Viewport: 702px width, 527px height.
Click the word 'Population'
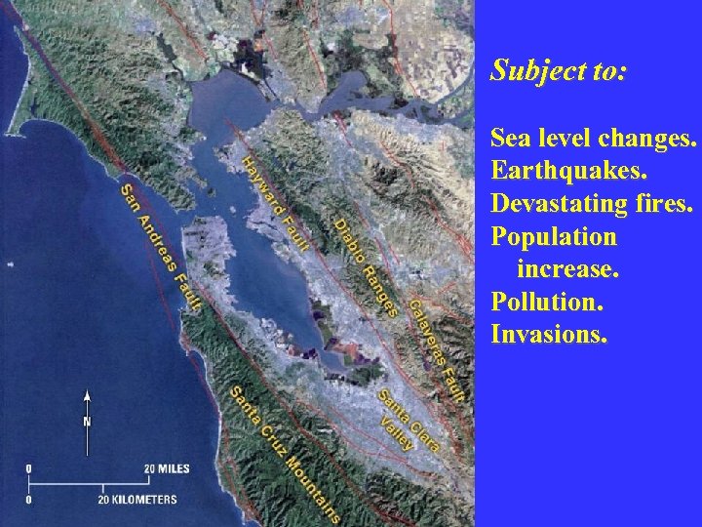coord(554,237)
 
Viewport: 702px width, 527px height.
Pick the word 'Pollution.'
coord(547,302)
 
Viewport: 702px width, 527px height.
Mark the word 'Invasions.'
coord(550,335)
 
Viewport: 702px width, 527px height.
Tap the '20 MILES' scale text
coord(168,469)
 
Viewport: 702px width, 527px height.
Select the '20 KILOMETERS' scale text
coord(136,499)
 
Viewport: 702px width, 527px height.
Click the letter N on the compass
coord(87,423)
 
